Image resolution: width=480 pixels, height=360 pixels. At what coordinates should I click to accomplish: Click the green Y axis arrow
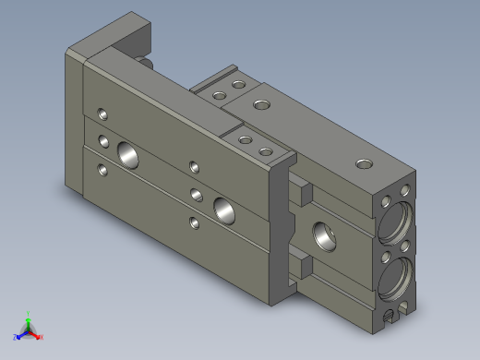click(29, 316)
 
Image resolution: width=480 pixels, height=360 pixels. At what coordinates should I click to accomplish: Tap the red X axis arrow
click(40, 337)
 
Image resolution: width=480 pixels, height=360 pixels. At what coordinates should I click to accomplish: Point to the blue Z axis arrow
click(18, 336)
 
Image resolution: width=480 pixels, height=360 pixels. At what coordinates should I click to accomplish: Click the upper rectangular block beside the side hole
click(303, 196)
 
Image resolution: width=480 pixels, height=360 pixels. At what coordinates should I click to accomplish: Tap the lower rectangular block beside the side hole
click(303, 267)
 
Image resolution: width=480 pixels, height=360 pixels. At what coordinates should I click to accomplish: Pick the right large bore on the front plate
click(223, 208)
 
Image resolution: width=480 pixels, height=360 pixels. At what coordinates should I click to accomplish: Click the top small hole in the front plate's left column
click(102, 115)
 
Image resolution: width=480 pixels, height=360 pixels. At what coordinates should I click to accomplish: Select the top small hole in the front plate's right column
click(194, 167)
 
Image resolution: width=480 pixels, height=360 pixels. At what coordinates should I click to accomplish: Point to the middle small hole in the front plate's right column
click(194, 194)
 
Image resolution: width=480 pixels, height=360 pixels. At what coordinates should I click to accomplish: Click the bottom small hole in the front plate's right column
click(194, 222)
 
